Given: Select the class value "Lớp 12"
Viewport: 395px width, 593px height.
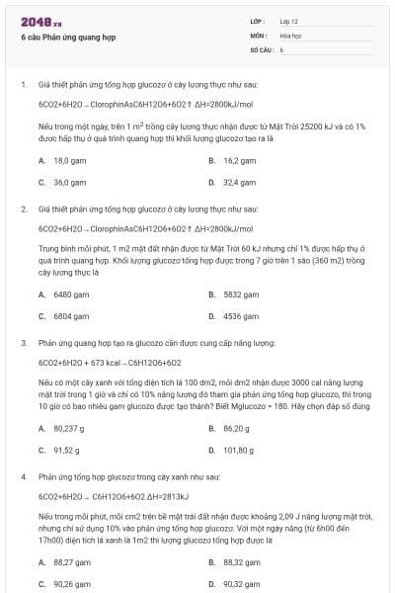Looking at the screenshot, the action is (288, 20).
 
